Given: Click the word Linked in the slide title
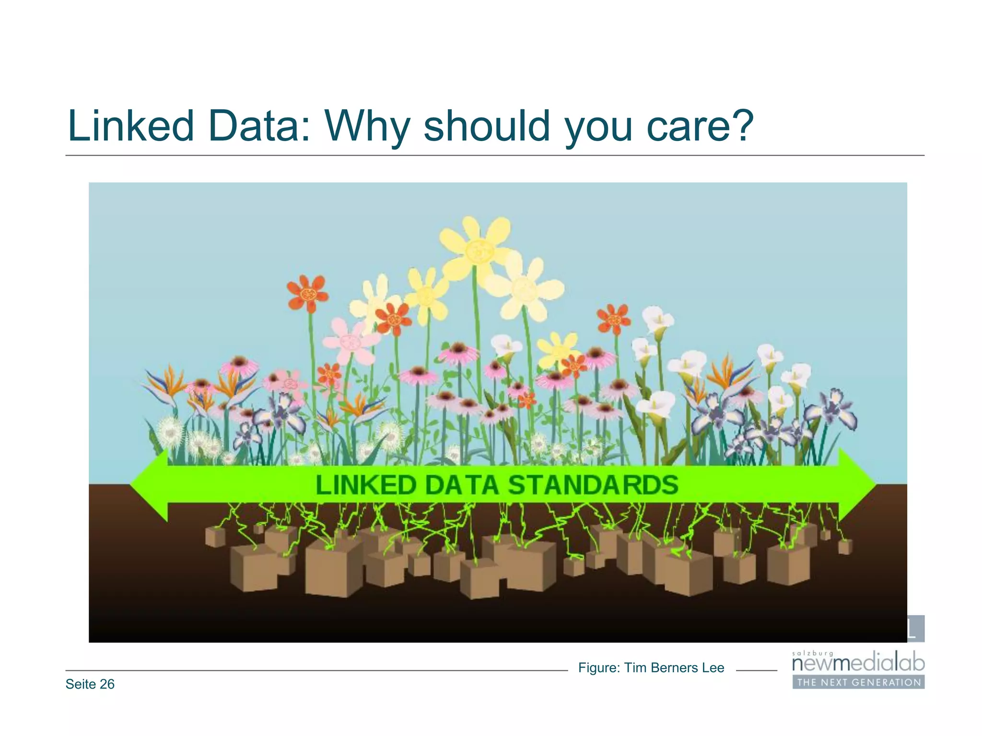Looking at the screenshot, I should tap(130, 126).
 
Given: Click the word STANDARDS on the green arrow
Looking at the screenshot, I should tap(593, 484).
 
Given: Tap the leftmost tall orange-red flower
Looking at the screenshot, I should tap(307, 293).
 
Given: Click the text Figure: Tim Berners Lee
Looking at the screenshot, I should tap(651, 667).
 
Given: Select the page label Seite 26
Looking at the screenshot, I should tap(90, 684).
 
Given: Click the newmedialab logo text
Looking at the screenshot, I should tap(858, 664).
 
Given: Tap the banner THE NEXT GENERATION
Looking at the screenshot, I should tap(858, 682).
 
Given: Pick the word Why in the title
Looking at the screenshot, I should tap(367, 126).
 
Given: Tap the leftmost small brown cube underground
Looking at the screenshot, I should tap(215, 536).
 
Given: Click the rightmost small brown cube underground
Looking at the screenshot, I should tap(845, 546).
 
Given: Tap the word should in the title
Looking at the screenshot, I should tap(487, 126).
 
